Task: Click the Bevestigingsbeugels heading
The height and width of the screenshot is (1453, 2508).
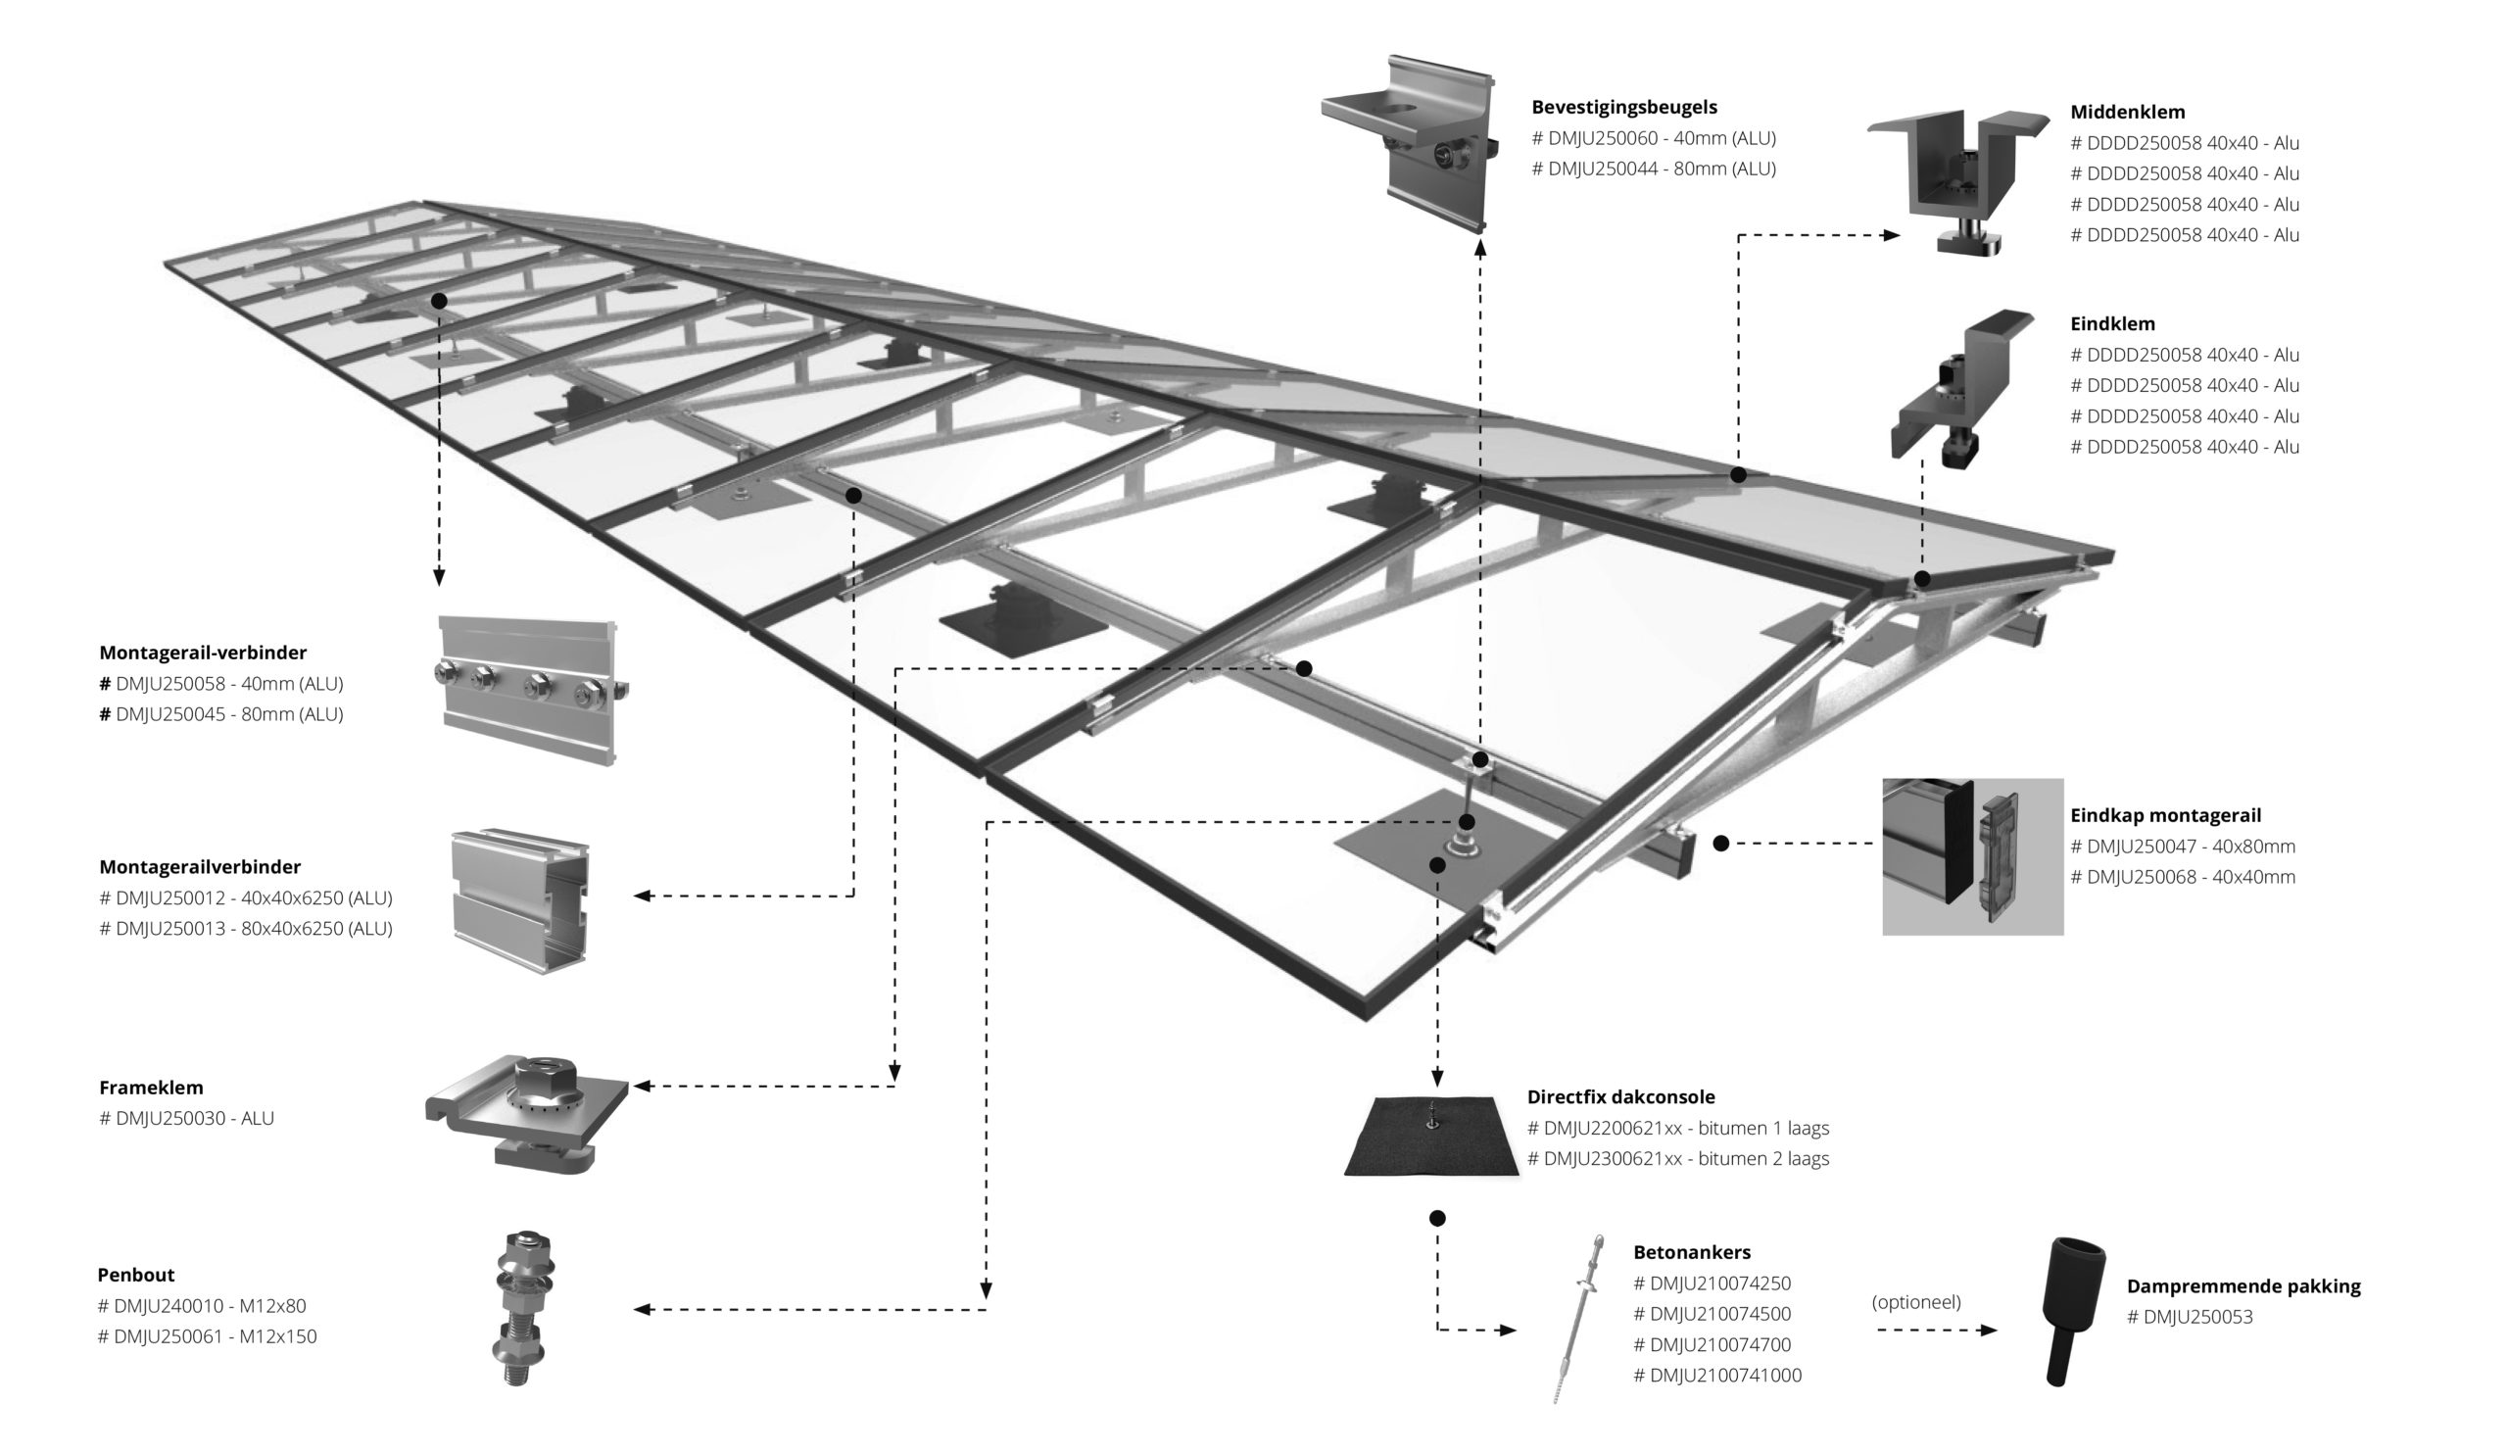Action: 1623,108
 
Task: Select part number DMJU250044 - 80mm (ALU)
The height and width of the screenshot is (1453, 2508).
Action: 1653,170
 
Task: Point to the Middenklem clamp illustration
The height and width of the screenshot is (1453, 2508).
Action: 1956,179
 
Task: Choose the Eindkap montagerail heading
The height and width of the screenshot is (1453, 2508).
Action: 2165,816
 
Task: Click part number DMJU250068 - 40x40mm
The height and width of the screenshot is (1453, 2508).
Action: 2183,878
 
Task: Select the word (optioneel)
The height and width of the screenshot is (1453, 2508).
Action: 1916,1303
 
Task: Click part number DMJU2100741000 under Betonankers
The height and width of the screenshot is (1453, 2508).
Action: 1716,1377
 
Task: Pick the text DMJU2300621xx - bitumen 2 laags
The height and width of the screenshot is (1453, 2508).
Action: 1678,1159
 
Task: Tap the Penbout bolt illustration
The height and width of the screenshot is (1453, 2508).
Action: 521,1308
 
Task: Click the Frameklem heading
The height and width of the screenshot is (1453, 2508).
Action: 151,1088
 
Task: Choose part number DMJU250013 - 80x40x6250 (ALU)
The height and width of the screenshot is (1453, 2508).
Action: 246,930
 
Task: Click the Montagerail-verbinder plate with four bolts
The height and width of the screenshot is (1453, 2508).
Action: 528,689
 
